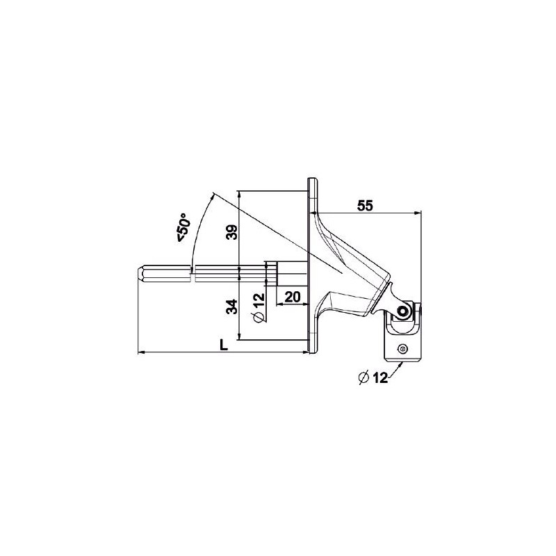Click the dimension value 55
pos(366,205)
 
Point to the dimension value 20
pos(292,297)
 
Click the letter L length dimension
pos(222,345)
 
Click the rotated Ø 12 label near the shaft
pos(257,308)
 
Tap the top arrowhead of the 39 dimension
pos(240,193)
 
